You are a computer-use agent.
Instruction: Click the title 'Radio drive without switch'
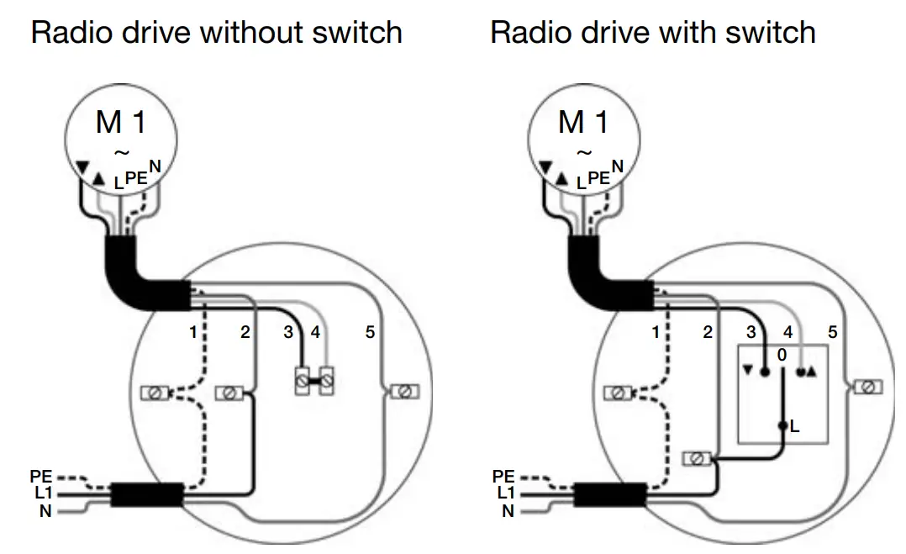tap(216, 33)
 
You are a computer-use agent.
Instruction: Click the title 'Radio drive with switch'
tap(652, 33)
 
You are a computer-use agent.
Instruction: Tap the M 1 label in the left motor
tap(121, 123)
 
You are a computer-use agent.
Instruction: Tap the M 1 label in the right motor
tap(583, 123)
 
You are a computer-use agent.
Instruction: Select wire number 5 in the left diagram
tap(370, 332)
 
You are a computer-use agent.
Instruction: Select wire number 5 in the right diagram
tap(832, 332)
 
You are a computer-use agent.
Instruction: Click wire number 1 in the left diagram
tap(192, 332)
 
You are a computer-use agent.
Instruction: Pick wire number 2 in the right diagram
tap(708, 332)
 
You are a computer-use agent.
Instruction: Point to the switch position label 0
tap(782, 356)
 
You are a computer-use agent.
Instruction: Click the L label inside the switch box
tap(795, 427)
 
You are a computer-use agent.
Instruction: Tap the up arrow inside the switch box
tap(811, 372)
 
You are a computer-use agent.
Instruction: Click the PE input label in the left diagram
tap(40, 477)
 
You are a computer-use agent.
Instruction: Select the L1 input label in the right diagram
tap(504, 493)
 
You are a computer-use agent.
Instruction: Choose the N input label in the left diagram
tap(45, 510)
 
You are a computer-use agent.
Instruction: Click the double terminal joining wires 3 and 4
tap(311, 383)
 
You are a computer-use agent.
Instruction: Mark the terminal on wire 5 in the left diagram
tap(403, 392)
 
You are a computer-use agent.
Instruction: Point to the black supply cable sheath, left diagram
tap(148, 494)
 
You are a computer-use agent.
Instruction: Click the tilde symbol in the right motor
tap(583, 153)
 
